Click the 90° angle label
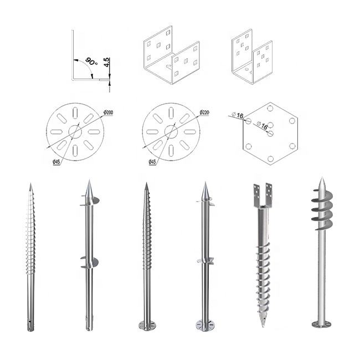(x=91, y=61)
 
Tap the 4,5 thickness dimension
(x=107, y=63)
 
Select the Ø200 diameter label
(x=108, y=112)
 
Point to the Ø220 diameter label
(x=204, y=112)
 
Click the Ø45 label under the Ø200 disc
(x=56, y=162)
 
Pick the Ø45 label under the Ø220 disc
(x=152, y=162)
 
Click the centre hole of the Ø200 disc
(x=75, y=132)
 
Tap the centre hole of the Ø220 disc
(x=171, y=132)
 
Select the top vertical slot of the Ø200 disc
(x=75, y=113)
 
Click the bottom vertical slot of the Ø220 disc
(x=171, y=151)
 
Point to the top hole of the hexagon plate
(x=270, y=108)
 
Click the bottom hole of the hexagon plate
(x=270, y=159)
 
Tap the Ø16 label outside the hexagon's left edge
(x=238, y=116)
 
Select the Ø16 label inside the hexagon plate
(x=262, y=125)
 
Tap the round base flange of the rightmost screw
(x=321, y=324)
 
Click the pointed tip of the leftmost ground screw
(x=30, y=184)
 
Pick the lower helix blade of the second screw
(x=90, y=263)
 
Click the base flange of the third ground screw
(x=147, y=326)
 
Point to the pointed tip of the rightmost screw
(x=322, y=178)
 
